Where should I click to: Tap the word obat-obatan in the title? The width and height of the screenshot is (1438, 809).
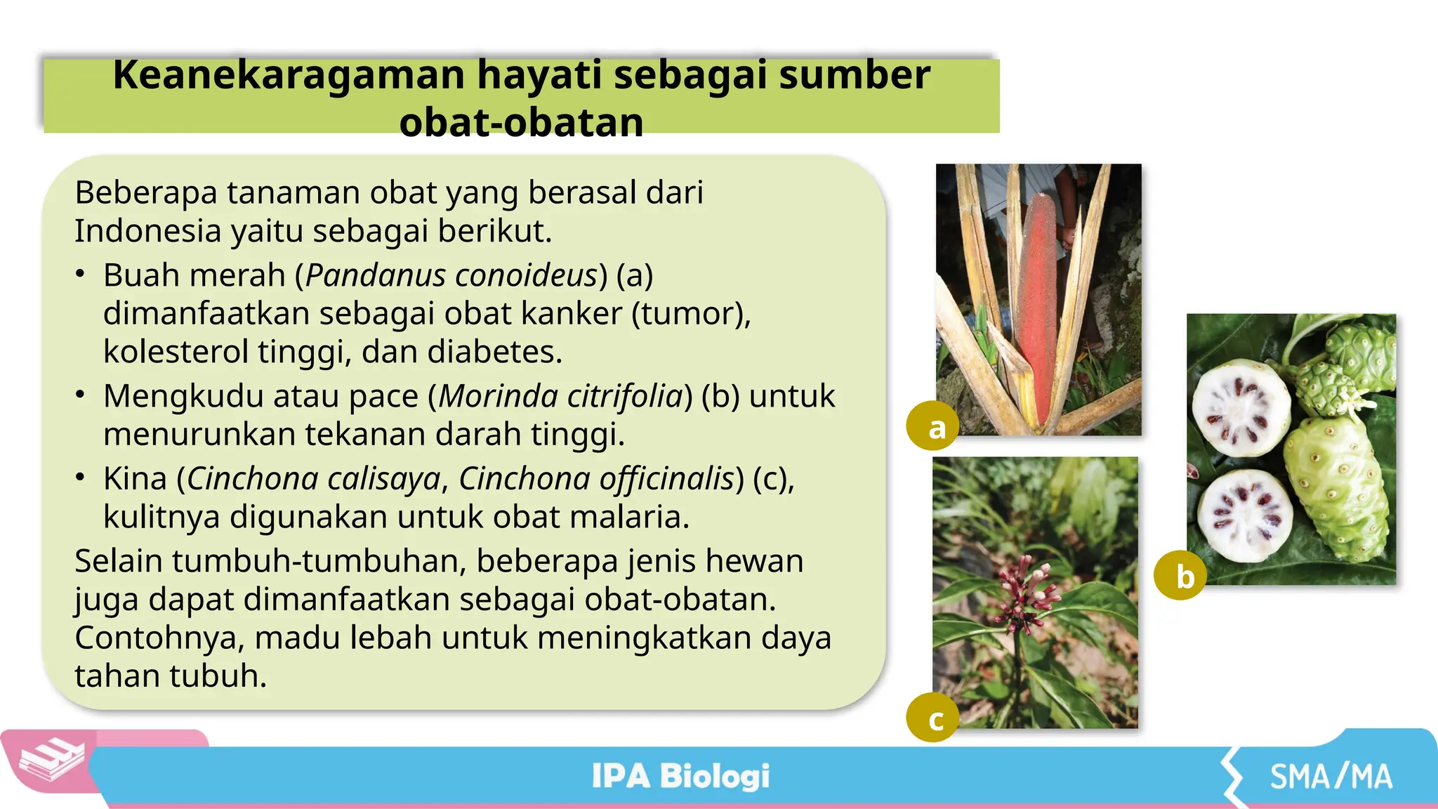[x=521, y=122]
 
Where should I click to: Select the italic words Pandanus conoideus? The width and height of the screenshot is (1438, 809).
[x=451, y=275]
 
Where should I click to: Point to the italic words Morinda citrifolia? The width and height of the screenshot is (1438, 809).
[x=561, y=396]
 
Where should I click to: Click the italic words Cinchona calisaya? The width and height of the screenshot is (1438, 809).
[x=314, y=479]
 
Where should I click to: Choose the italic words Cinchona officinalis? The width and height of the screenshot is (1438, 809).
[x=597, y=479]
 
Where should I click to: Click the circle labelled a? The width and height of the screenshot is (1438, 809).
[x=933, y=426]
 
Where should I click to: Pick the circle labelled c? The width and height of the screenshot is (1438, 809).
[x=933, y=718]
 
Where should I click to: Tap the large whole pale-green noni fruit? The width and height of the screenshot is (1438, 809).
[x=1335, y=485]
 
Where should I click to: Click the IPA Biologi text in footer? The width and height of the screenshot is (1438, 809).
[x=680, y=776]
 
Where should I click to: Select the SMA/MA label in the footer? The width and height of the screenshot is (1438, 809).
[x=1330, y=777]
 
